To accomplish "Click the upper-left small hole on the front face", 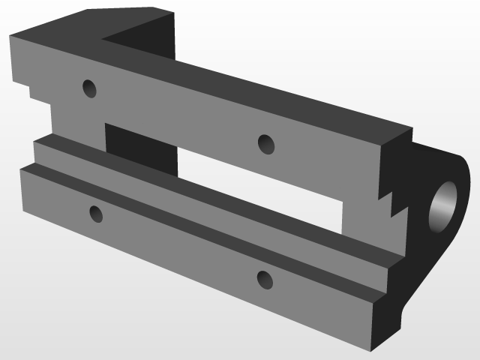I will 89,89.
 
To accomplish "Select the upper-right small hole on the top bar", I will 265,143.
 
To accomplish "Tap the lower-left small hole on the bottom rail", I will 95,214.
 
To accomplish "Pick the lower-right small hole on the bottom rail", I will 265,279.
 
